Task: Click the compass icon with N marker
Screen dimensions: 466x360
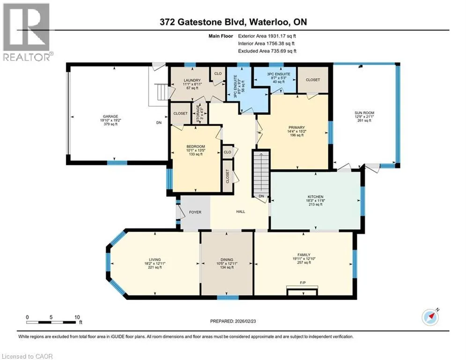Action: pos(430,317)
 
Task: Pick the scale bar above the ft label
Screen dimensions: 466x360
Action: pos(51,322)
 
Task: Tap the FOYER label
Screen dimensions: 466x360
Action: pos(195,212)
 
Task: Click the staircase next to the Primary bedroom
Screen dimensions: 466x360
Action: pos(261,174)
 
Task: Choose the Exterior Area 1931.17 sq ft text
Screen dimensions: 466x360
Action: pos(267,36)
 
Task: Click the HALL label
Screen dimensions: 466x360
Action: pos(241,211)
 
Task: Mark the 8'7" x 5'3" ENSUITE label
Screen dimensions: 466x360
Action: pos(279,78)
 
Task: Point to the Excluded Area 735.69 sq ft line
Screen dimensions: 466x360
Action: pos(267,51)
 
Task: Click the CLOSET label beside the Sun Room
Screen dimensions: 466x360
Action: pos(313,80)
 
